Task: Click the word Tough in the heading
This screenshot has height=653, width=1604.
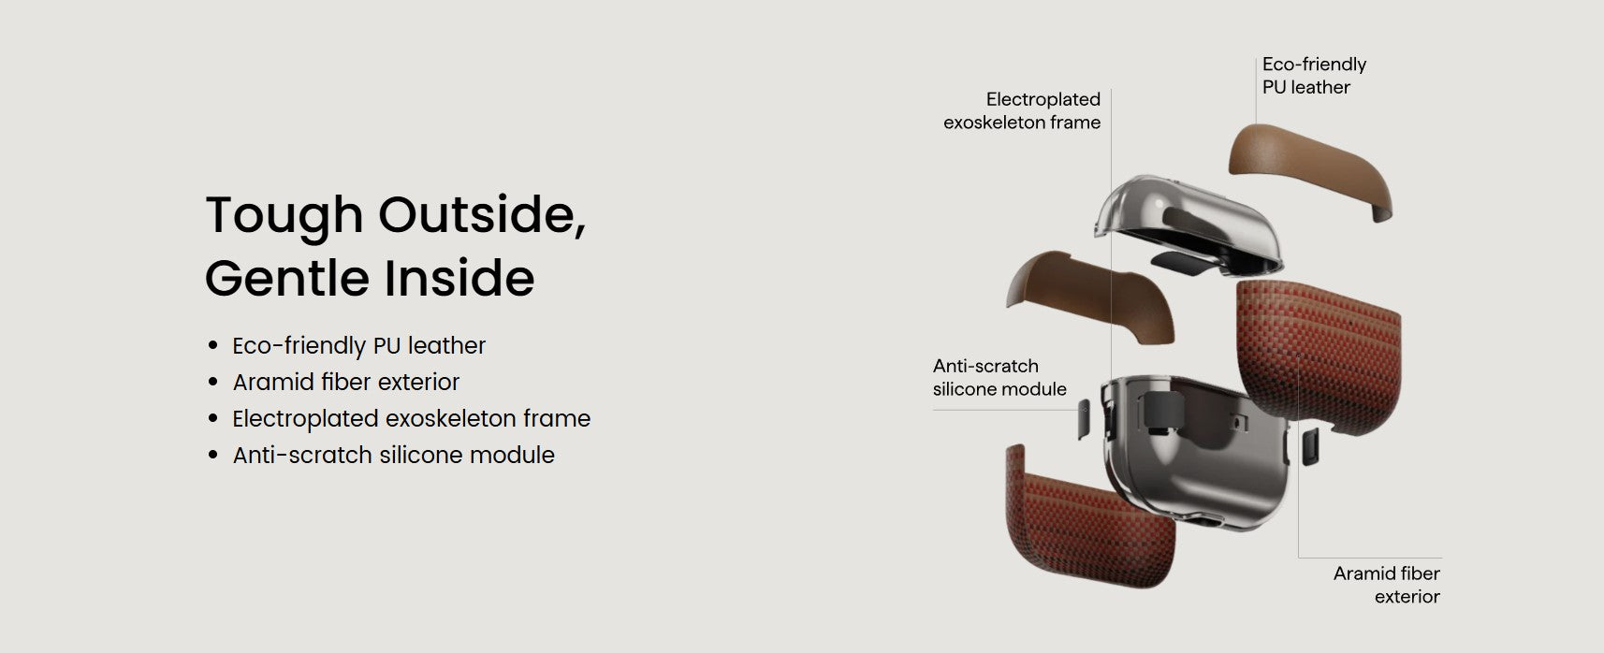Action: pos(284,215)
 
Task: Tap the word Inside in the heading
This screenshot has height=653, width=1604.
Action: pos(459,278)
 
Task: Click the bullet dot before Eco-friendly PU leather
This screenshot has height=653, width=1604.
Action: pos(212,345)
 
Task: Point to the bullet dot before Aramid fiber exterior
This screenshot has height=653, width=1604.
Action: pos(212,382)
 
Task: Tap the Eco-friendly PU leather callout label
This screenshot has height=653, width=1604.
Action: pos(1314,75)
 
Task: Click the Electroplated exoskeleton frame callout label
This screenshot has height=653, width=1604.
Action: pos(1022,110)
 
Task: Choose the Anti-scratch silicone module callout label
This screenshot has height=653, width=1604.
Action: pos(999,377)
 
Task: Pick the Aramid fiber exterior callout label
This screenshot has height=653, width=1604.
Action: pos(1386,585)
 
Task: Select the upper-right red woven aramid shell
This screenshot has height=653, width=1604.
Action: pos(1320,355)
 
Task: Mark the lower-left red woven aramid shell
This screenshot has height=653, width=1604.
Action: pos(1089,523)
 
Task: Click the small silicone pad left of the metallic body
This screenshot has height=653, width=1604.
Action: pos(1084,419)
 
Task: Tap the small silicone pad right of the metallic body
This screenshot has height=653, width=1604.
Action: pos(1310,447)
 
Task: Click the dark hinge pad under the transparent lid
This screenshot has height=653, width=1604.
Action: pos(1179,263)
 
